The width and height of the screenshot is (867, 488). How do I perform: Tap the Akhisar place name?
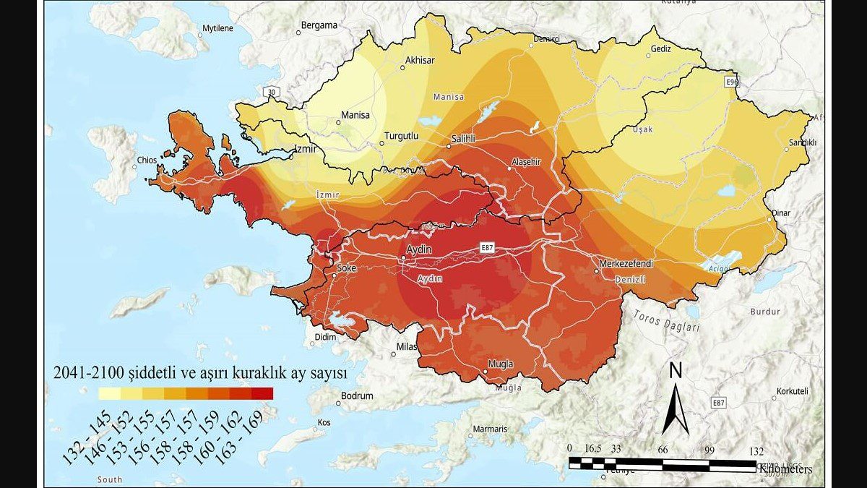420,61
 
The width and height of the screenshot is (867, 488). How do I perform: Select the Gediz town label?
660,49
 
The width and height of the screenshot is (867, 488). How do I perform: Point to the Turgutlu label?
401,136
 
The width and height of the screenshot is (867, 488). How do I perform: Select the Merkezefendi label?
626,264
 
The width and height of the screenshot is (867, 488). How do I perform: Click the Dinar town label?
781,214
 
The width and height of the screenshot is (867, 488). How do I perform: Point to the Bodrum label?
357,396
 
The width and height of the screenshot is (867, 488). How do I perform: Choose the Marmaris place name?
489,429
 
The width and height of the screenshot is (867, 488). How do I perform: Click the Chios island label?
147,160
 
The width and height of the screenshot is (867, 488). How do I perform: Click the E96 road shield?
733,82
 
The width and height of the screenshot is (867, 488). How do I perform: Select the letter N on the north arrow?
676,371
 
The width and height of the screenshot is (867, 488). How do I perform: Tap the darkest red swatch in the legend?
262,394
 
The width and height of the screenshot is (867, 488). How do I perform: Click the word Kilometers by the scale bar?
785,469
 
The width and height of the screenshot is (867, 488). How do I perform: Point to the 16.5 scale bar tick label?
594,448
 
